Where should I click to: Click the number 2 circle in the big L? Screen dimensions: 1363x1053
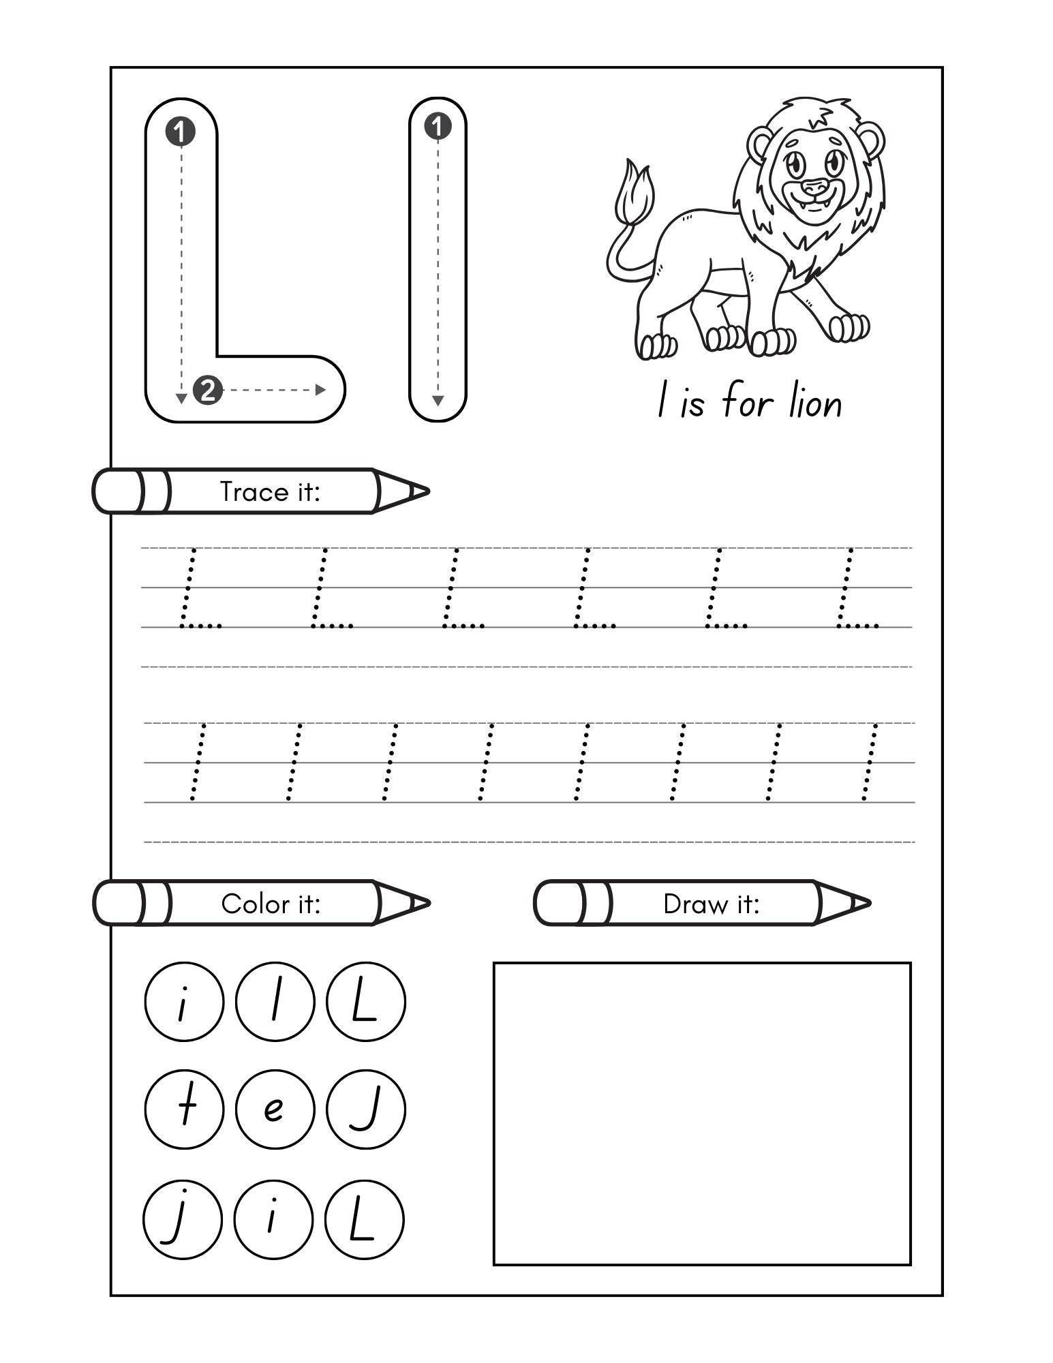(208, 390)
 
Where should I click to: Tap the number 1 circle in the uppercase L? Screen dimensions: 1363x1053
(181, 132)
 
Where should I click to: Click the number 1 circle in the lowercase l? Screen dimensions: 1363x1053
(438, 127)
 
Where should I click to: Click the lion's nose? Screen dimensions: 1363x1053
(812, 185)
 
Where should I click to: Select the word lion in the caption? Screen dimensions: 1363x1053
(816, 403)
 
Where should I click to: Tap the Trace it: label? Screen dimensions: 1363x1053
(270, 491)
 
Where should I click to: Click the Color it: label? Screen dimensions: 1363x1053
(271, 904)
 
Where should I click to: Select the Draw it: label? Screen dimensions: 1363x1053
(711, 904)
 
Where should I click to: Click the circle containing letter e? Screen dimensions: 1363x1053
(275, 1109)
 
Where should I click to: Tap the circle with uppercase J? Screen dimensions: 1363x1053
(366, 1109)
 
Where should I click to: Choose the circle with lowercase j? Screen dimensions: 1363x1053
(183, 1219)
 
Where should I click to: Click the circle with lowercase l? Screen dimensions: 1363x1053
(275, 1001)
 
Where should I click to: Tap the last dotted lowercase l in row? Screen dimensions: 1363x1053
(870, 762)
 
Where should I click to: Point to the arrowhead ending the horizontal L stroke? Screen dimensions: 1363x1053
(320, 390)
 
